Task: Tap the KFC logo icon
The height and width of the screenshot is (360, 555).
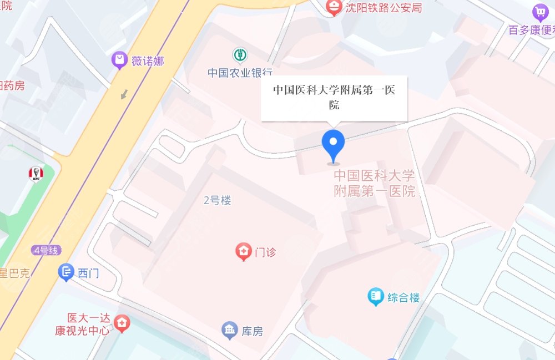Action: pyautogui.click(x=36, y=174)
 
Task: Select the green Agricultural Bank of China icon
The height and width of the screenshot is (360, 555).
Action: pyautogui.click(x=240, y=55)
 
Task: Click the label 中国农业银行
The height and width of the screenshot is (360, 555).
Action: pyautogui.click(x=240, y=73)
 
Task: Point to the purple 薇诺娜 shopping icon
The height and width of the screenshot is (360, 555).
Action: pyautogui.click(x=119, y=60)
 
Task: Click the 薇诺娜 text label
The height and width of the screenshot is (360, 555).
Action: pyautogui.click(x=148, y=61)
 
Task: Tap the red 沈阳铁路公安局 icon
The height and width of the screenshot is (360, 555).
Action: pyautogui.click(x=334, y=7)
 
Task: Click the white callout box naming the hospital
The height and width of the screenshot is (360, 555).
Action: pyautogui.click(x=334, y=97)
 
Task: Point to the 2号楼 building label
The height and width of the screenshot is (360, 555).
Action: pyautogui.click(x=217, y=201)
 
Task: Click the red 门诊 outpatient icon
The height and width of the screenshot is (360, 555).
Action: pyautogui.click(x=243, y=252)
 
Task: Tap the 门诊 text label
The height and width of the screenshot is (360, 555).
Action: pyautogui.click(x=265, y=252)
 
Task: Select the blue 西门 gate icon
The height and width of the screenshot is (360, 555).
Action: pyautogui.click(x=66, y=272)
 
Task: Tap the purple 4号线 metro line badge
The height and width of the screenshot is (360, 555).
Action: pyautogui.click(x=46, y=250)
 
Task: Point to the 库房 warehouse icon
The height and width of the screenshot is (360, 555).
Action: pyautogui.click(x=229, y=331)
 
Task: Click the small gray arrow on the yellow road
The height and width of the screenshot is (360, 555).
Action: pyautogui.click(x=124, y=94)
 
